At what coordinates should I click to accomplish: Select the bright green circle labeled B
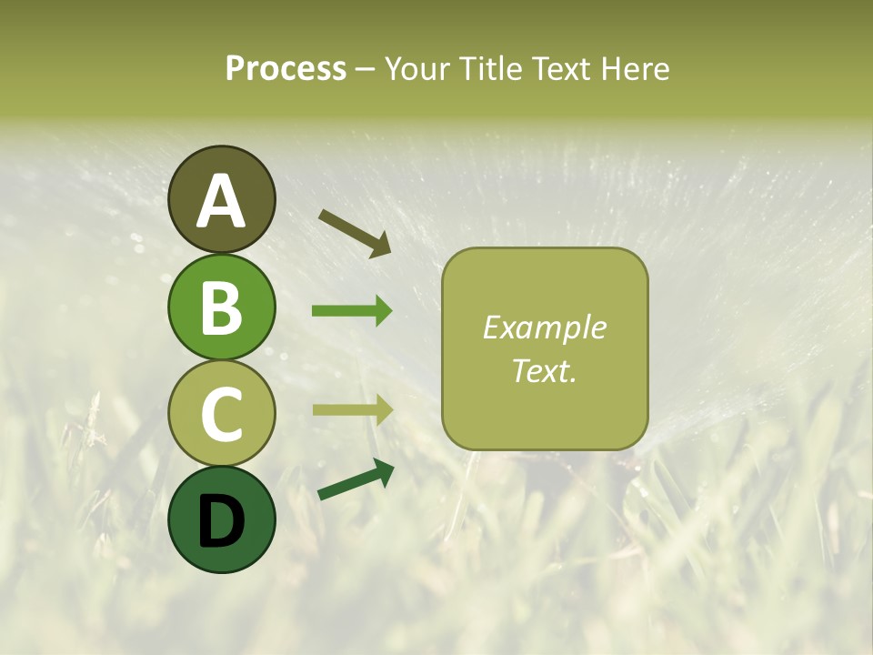tap(221, 307)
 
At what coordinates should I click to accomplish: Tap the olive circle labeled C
tap(221, 413)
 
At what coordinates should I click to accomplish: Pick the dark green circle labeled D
tap(221, 519)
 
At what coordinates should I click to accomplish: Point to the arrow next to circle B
tap(352, 311)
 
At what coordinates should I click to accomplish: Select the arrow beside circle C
tap(352, 410)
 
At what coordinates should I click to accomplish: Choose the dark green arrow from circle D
tap(356, 480)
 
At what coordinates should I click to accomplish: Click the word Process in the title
tap(286, 69)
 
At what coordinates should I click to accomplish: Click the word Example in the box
tap(544, 327)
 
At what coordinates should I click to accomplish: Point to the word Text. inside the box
tap(544, 370)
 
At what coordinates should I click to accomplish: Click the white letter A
tap(221, 201)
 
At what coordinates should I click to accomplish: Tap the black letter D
tap(221, 521)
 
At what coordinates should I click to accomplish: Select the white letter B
tap(221, 307)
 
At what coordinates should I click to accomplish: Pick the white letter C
tap(221, 414)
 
